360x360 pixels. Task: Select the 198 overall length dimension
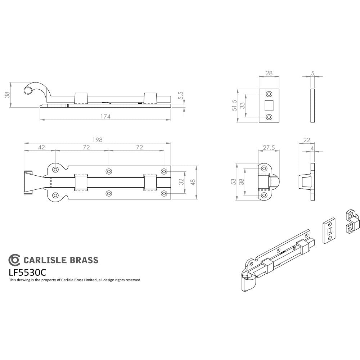tap(98, 139)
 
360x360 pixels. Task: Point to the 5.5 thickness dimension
tap(181, 96)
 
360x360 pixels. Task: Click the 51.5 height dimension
tap(234, 106)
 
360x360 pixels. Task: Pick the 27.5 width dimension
tap(269, 147)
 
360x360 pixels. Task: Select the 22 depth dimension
tap(307, 140)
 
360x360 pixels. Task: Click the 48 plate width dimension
tap(193, 183)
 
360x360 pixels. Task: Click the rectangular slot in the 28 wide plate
tap(269, 105)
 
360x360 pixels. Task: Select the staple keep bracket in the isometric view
tap(351, 221)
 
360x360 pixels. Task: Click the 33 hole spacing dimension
tap(243, 106)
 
